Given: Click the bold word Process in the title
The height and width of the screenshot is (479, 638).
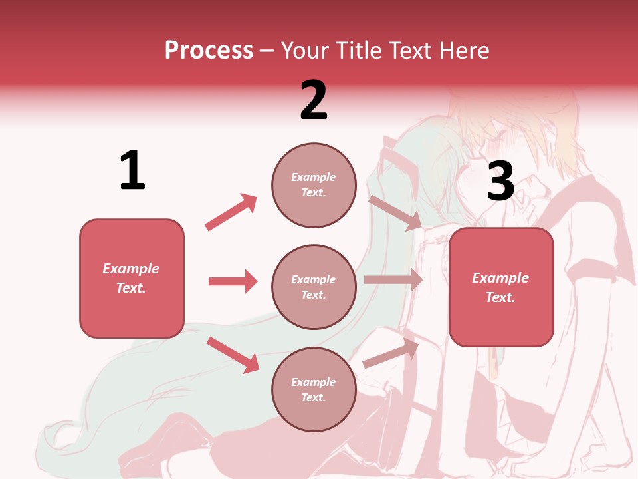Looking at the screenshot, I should pyautogui.click(x=209, y=50).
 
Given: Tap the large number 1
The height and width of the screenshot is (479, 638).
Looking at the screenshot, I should pyautogui.click(x=132, y=170).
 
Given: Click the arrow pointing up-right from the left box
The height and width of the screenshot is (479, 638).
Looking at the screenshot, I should pyautogui.click(x=231, y=212).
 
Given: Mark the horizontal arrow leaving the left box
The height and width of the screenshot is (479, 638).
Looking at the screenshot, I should pyautogui.click(x=233, y=281).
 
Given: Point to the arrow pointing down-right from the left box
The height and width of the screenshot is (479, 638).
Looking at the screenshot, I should pyautogui.click(x=233, y=354).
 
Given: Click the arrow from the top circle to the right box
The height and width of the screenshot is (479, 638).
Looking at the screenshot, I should pyautogui.click(x=395, y=212).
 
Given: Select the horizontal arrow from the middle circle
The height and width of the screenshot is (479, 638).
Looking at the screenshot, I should pyautogui.click(x=393, y=280).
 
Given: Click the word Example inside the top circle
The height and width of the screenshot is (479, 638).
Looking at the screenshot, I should pyautogui.click(x=314, y=177).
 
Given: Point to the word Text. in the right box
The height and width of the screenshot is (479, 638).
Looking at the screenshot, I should pyautogui.click(x=500, y=297).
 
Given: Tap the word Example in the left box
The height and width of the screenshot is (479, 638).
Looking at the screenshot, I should pyautogui.click(x=131, y=269).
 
